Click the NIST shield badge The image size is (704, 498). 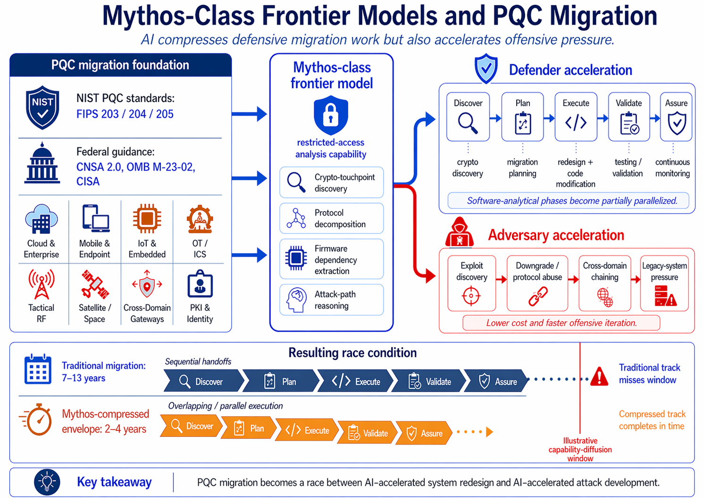42,108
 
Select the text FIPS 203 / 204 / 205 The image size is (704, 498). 125,114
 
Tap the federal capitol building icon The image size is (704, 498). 42,163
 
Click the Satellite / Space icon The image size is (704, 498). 95,284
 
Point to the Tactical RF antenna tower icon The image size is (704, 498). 42,284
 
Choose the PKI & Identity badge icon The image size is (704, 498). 200,284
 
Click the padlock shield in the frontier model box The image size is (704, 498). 331,116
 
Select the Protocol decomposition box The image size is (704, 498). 331,218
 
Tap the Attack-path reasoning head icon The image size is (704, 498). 296,300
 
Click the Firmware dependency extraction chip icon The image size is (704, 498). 296,258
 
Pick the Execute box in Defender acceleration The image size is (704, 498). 576,117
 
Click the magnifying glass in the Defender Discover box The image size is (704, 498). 468,123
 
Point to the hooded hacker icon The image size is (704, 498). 460,232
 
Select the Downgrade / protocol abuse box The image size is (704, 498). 537,283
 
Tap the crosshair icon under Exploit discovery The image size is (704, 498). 471,296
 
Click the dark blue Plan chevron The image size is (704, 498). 280,381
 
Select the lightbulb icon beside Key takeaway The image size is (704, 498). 47,482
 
